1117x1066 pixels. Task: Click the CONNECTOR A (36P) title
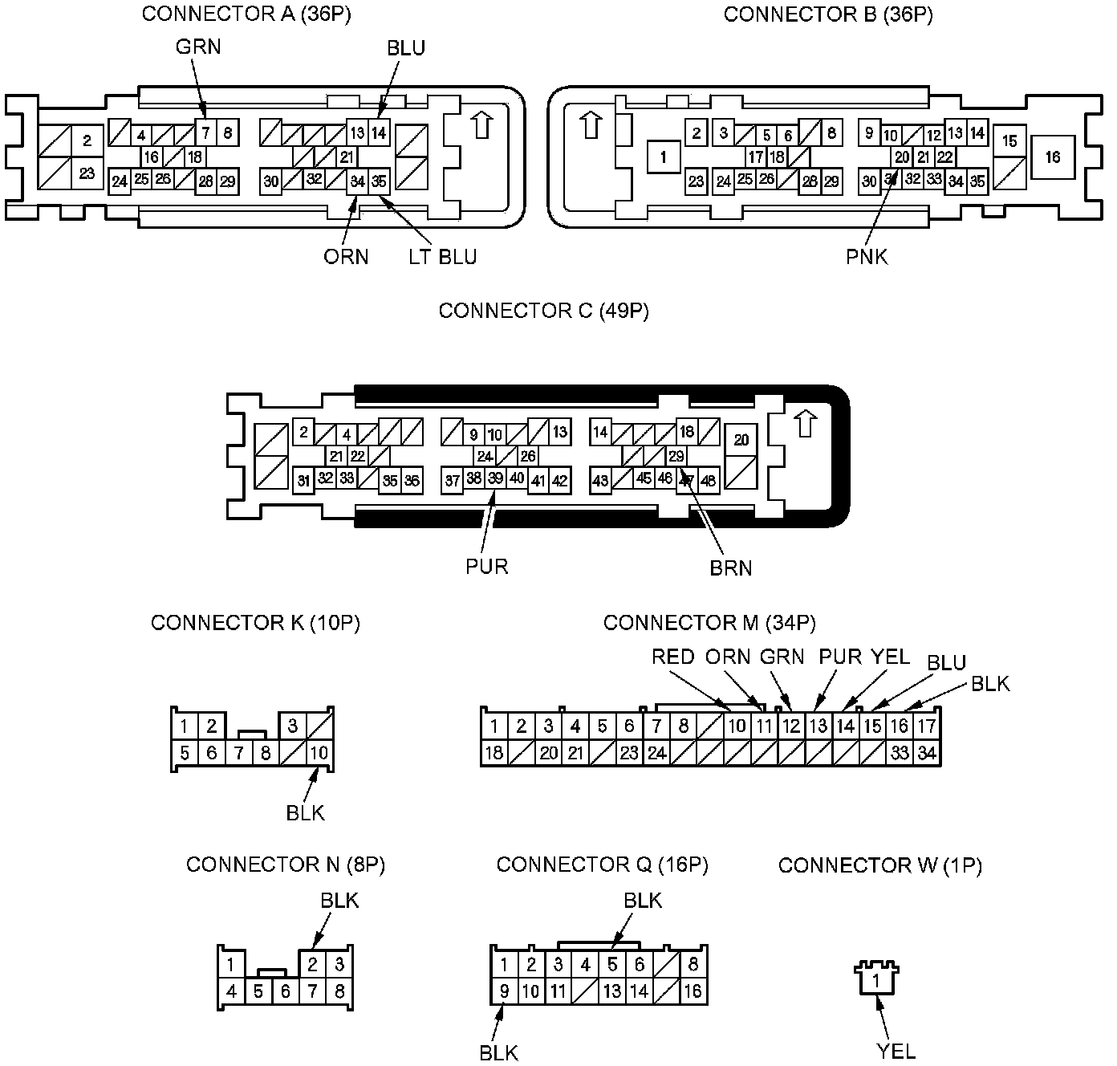pyautogui.click(x=246, y=14)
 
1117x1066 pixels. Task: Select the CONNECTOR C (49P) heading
pyautogui.click(x=543, y=311)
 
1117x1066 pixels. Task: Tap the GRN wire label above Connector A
pyautogui.click(x=198, y=47)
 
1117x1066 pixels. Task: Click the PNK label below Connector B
pyautogui.click(x=867, y=257)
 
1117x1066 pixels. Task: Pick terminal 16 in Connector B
pyautogui.click(x=1052, y=157)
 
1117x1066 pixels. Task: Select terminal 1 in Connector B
pyautogui.click(x=664, y=157)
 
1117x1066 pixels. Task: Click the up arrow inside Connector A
pyautogui.click(x=481, y=125)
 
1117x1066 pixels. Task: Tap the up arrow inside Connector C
pyautogui.click(x=805, y=424)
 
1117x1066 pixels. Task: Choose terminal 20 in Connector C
pyautogui.click(x=741, y=440)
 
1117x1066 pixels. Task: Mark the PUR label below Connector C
pyautogui.click(x=487, y=567)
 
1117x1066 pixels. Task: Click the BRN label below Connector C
pyautogui.click(x=731, y=568)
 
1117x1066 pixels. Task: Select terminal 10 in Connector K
pyautogui.click(x=319, y=753)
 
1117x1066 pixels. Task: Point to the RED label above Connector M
pyautogui.click(x=672, y=657)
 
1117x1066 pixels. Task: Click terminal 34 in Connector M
pyautogui.click(x=927, y=753)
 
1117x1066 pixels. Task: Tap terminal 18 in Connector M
pyautogui.click(x=494, y=753)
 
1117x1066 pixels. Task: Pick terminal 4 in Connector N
pyautogui.click(x=231, y=991)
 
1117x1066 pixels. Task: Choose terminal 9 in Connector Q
pyautogui.click(x=504, y=991)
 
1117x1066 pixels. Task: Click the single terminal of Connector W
pyautogui.click(x=877, y=980)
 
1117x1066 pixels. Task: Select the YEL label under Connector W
pyautogui.click(x=896, y=1052)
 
